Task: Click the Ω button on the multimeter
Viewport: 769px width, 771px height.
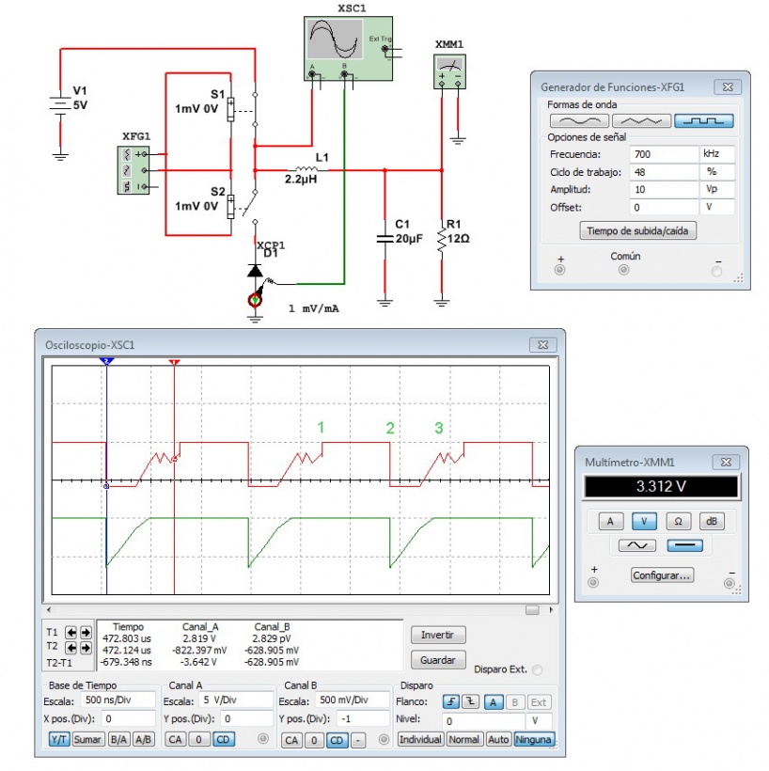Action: coord(678,520)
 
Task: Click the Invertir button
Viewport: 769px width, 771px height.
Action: coord(437,635)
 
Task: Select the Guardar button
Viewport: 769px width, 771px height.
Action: coord(437,660)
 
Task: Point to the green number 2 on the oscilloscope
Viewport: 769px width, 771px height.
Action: coord(390,428)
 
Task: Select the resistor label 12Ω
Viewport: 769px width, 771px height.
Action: coord(458,239)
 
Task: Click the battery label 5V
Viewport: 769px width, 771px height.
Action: coord(80,105)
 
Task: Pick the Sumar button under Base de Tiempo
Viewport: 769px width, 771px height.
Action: coord(87,739)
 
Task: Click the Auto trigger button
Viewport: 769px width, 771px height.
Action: coord(499,739)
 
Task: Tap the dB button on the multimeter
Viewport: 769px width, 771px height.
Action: coord(711,520)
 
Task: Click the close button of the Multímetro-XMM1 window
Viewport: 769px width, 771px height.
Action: coord(725,463)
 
